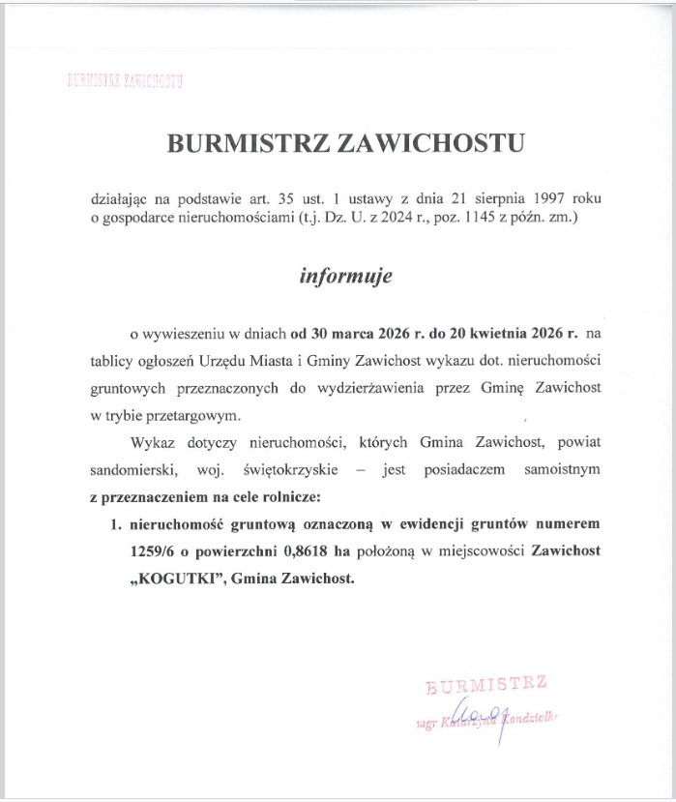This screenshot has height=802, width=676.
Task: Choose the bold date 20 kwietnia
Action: (485, 335)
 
